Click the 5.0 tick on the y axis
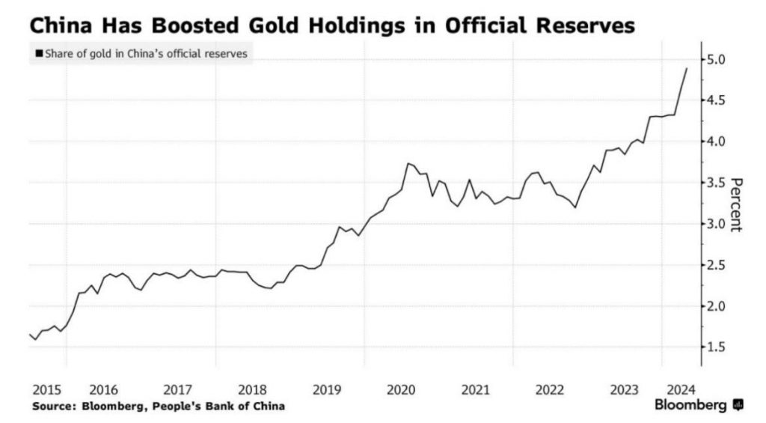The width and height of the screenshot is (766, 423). (x=717, y=59)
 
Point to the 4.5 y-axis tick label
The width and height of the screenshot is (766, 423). (x=717, y=100)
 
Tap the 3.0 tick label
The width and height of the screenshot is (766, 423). (x=717, y=224)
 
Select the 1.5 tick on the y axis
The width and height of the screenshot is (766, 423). (x=717, y=347)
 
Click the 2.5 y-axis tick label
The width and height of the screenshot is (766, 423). (x=717, y=265)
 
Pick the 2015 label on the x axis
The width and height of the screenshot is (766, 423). (x=47, y=389)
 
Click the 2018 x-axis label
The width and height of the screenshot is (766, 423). (x=252, y=389)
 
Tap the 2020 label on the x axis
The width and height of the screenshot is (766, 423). (x=402, y=389)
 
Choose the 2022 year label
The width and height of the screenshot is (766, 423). (x=550, y=389)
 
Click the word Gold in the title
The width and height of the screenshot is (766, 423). (x=242, y=26)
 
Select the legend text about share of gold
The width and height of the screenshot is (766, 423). (x=146, y=54)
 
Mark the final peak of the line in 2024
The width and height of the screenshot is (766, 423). (x=687, y=68)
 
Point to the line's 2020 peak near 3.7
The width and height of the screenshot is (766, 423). (x=408, y=163)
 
